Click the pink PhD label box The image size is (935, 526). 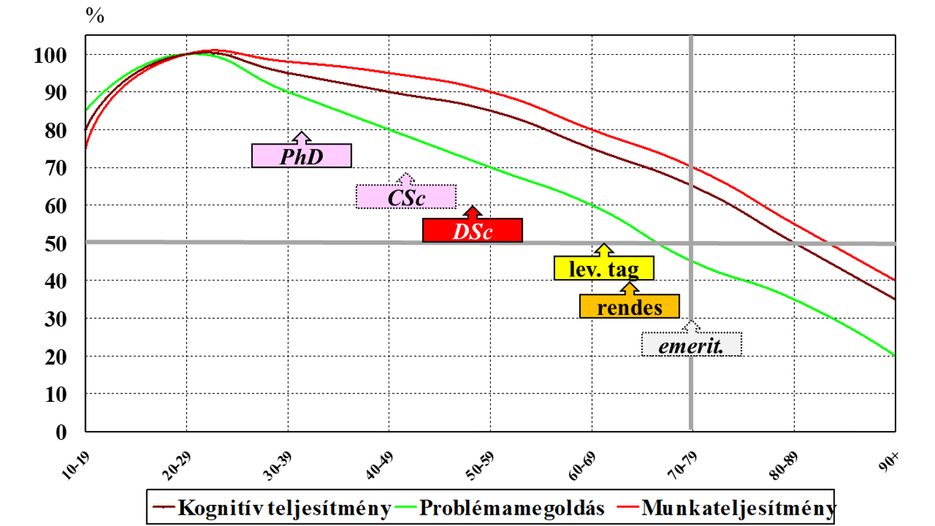coord(302,156)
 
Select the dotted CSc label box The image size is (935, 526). coord(406,196)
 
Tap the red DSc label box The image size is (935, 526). coord(472,230)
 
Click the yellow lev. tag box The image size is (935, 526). coord(604,268)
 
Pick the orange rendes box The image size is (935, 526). coord(629,306)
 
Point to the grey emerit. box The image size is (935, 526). coord(692,343)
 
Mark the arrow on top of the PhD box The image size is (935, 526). coord(302,137)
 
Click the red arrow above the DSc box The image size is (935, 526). coord(472,212)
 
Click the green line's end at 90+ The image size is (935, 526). coord(894,356)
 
